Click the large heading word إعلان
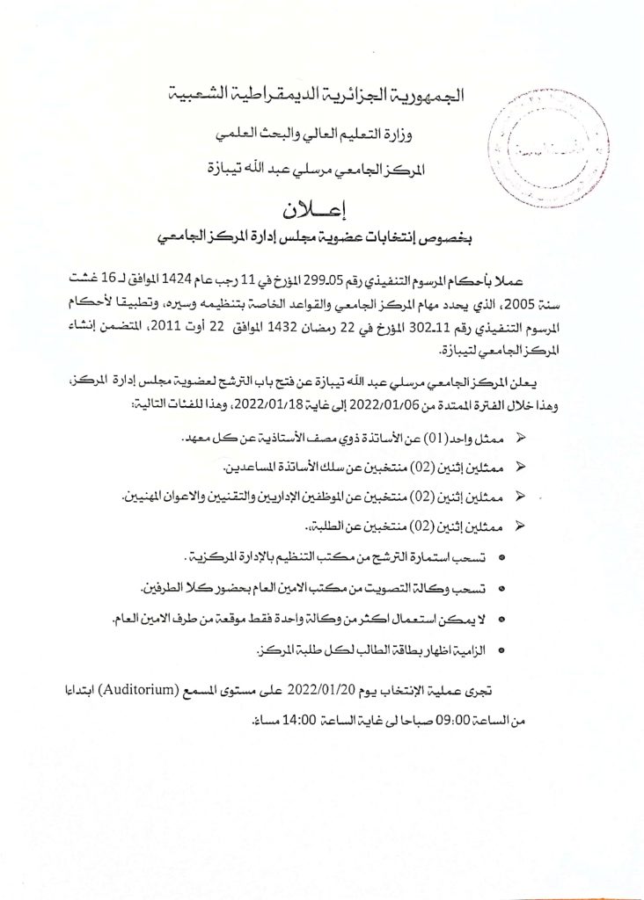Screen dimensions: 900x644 point(322,212)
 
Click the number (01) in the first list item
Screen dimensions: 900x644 point(432,437)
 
